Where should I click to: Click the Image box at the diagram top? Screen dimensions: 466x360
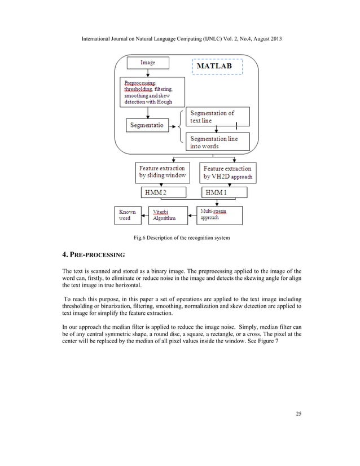point(148,63)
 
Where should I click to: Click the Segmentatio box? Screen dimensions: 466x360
point(148,125)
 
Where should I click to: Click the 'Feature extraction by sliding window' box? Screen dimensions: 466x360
point(163,173)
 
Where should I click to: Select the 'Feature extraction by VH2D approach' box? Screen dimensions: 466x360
point(228,173)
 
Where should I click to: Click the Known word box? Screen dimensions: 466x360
point(128,216)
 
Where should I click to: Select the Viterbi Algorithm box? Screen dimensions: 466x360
point(168,216)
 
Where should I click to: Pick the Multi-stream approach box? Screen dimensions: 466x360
point(220,215)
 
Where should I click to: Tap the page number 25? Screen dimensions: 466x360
point(298,415)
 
